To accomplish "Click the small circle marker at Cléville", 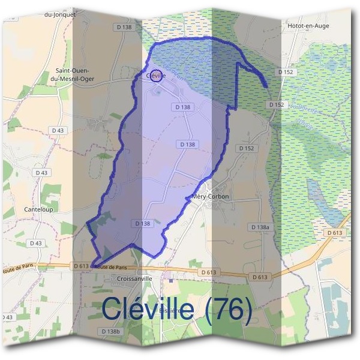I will [x=156, y=76].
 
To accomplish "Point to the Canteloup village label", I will [x=38, y=210].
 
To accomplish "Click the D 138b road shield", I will [x=111, y=331].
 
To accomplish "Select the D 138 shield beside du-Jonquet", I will [x=124, y=27].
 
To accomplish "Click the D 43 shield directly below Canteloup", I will [x=35, y=243].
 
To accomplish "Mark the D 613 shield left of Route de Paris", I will [x=80, y=266].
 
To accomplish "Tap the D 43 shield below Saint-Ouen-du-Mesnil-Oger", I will [x=58, y=130].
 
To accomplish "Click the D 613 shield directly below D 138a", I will [x=260, y=277].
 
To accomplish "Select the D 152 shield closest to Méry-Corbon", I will [x=247, y=148].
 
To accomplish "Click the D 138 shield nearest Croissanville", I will [x=142, y=223].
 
